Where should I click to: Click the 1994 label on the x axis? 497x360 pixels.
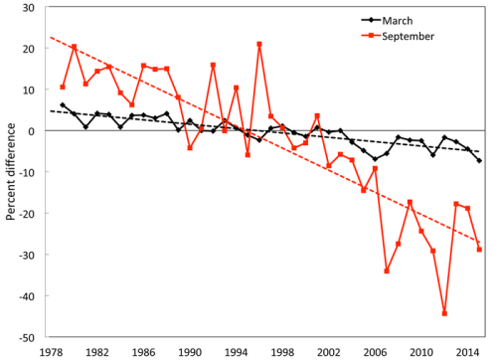pyautogui.click(x=236, y=351)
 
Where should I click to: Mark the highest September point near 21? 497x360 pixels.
pyautogui.click(x=259, y=44)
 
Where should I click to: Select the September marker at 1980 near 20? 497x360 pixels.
pyautogui.click(x=74, y=47)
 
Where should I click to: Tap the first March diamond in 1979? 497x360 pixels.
pyautogui.click(x=63, y=105)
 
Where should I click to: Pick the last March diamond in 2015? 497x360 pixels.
pyautogui.click(x=479, y=160)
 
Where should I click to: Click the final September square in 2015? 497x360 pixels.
pyautogui.click(x=479, y=250)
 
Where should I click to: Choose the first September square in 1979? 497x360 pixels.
pyautogui.click(x=63, y=88)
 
